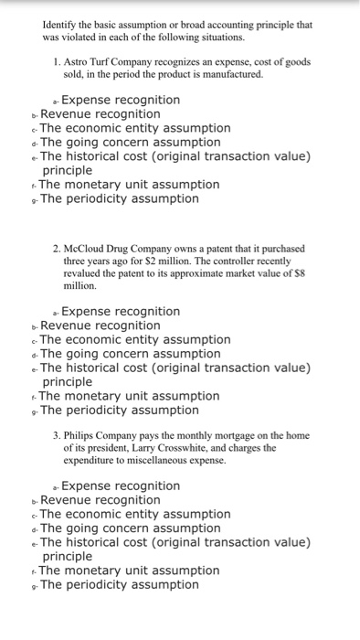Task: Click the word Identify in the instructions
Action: click(59, 24)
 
